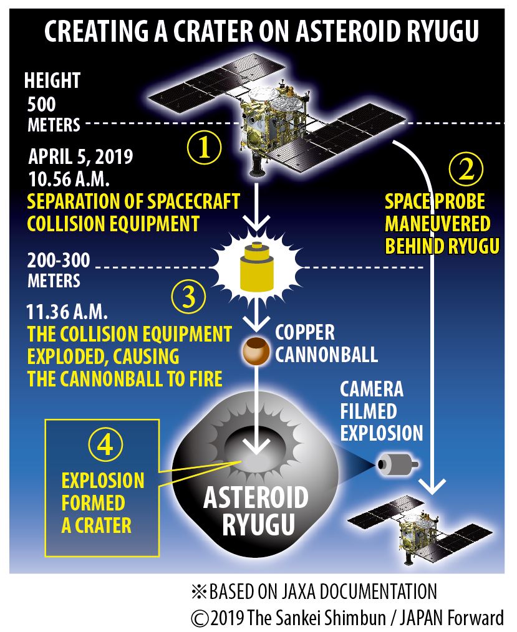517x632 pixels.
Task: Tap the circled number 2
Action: click(x=466, y=170)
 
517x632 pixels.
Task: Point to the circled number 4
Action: click(x=105, y=444)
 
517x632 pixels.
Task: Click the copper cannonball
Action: click(x=256, y=351)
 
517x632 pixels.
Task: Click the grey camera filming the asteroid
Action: click(x=398, y=464)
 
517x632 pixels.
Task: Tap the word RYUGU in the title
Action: click(x=442, y=31)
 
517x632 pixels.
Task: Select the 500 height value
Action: click(x=41, y=104)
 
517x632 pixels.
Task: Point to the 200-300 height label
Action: click(x=59, y=261)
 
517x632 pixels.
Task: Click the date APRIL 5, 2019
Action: click(x=80, y=156)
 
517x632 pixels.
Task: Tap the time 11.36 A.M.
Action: click(x=67, y=312)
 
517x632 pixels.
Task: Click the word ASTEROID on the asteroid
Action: click(x=256, y=498)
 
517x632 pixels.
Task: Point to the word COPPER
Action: click(x=305, y=333)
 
